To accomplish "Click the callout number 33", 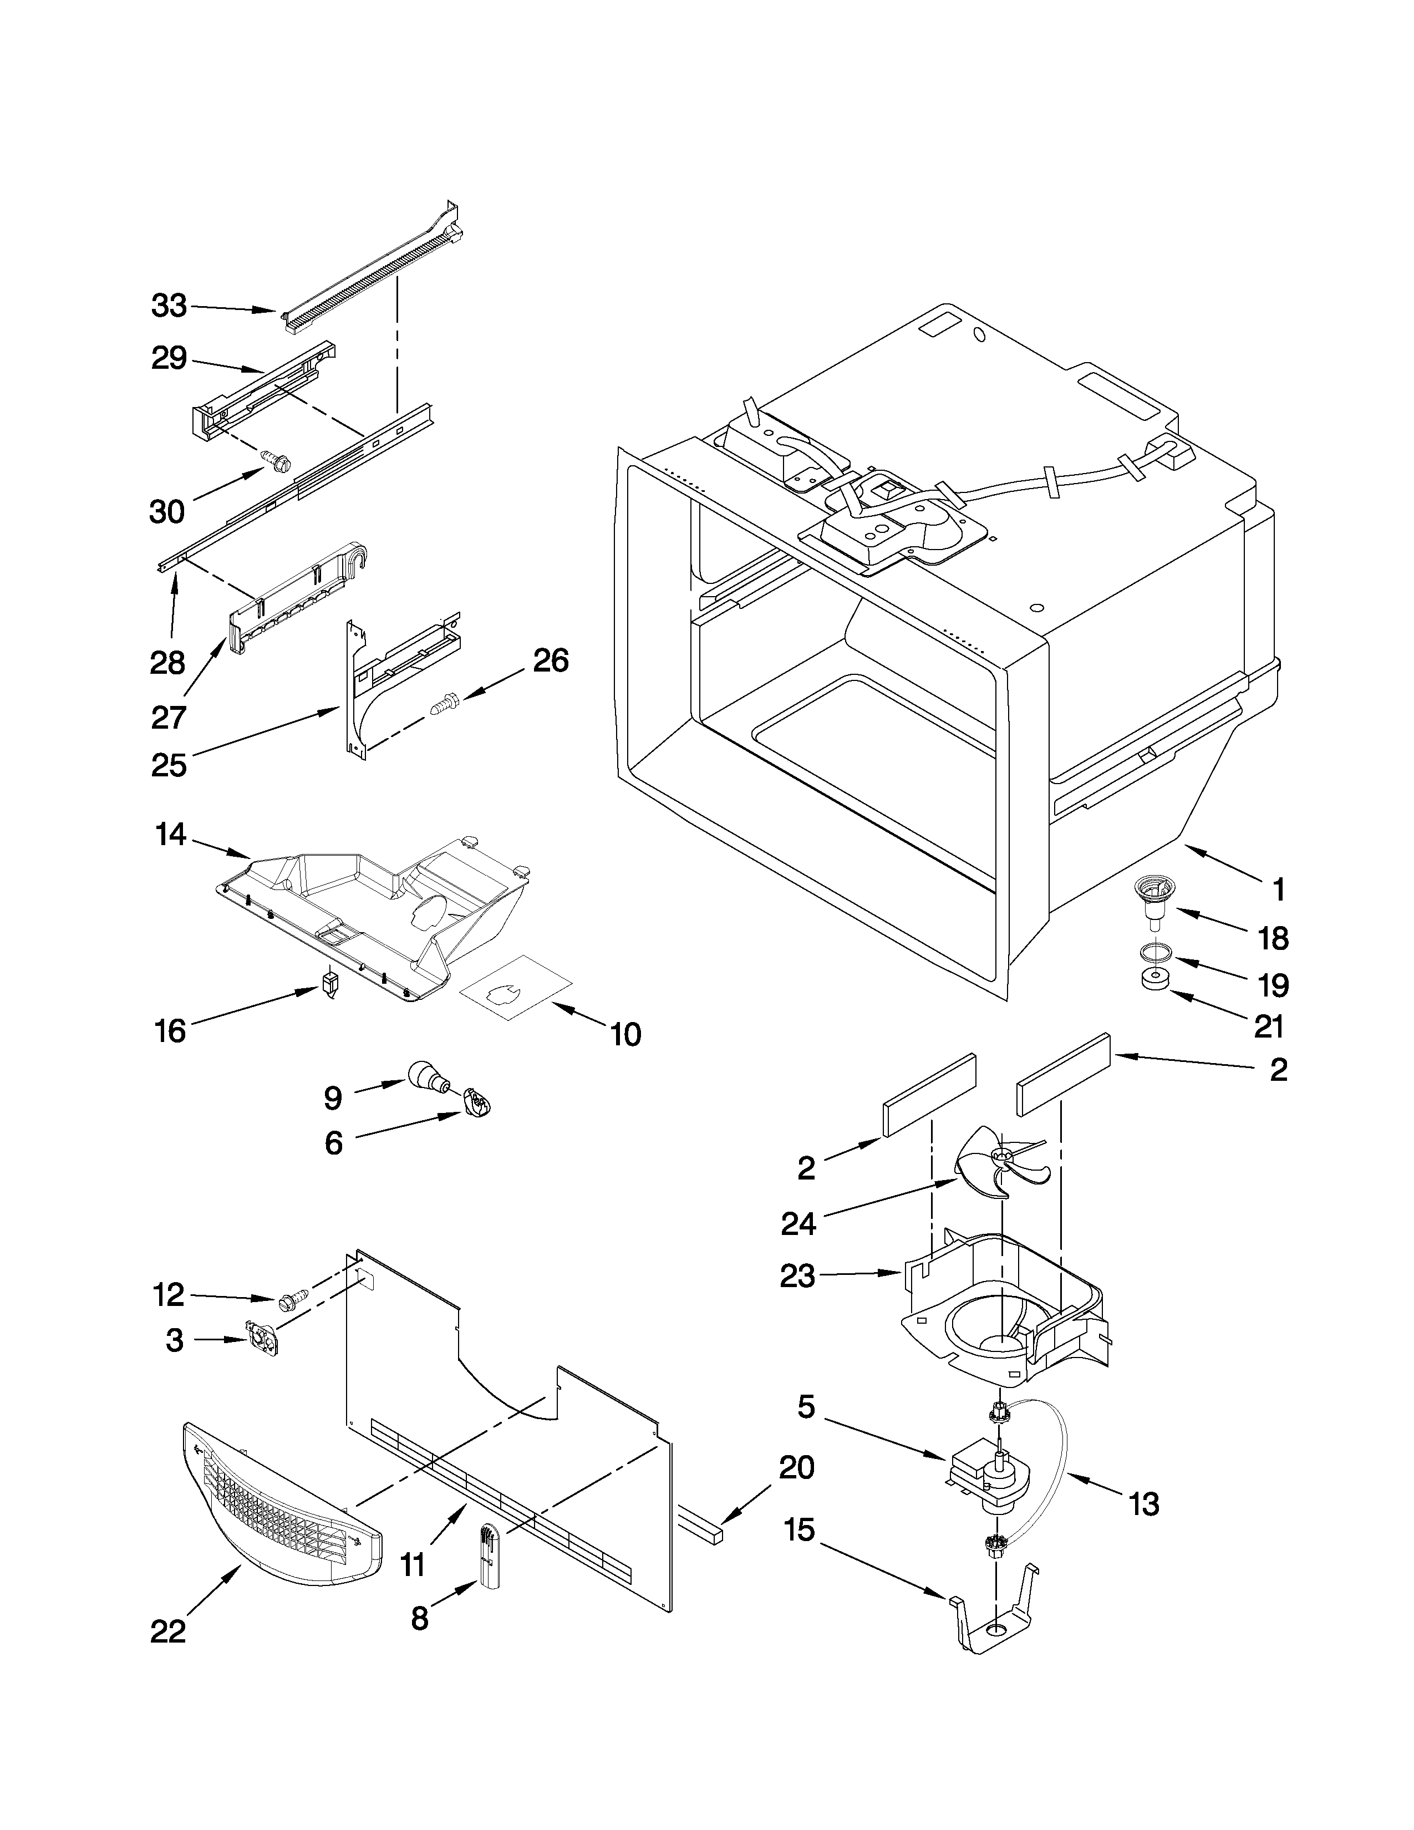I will click(x=169, y=307).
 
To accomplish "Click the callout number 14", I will click(x=171, y=835).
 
